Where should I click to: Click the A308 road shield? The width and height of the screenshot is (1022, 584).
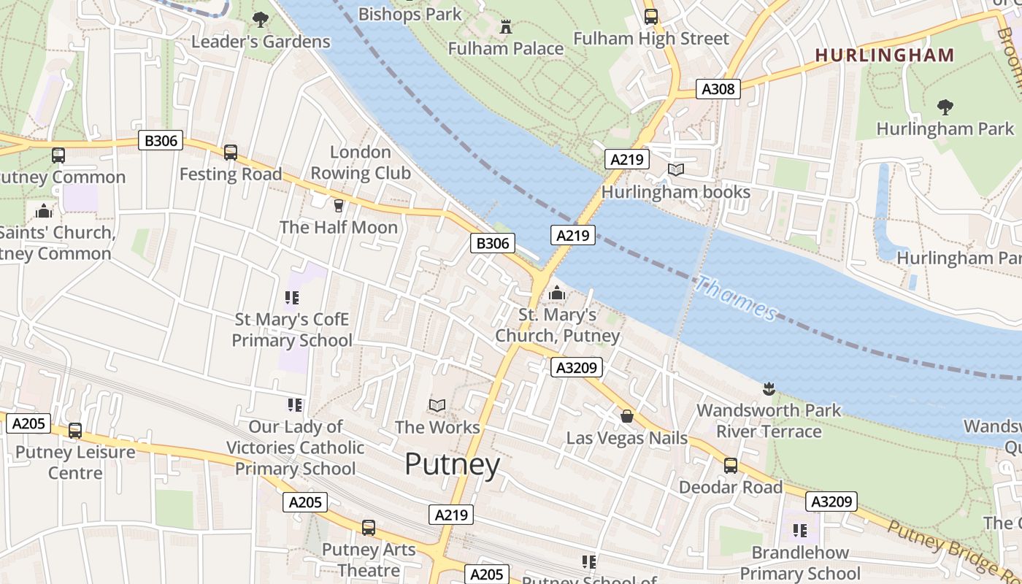tap(718, 89)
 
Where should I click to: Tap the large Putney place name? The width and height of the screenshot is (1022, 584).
tap(452, 464)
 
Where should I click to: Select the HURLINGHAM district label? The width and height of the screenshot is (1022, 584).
tap(884, 55)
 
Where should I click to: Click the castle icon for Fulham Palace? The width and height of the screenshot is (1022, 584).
tap(505, 28)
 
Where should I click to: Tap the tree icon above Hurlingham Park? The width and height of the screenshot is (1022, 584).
tap(945, 107)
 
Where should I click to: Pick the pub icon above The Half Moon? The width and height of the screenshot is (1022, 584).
tap(338, 206)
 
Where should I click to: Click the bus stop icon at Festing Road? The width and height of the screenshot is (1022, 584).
tap(231, 153)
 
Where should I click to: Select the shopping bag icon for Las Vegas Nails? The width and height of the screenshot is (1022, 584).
tap(626, 417)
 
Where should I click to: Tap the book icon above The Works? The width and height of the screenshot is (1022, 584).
tap(437, 405)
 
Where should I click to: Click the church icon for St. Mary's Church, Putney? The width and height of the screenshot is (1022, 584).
tap(557, 293)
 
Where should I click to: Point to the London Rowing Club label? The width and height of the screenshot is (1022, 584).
tap(361, 163)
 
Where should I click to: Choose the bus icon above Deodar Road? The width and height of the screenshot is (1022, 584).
tap(730, 466)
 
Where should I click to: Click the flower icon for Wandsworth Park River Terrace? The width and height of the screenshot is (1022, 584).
tap(768, 388)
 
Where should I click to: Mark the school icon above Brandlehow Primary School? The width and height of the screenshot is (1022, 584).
tap(800, 530)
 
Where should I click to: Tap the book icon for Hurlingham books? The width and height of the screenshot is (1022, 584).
tap(676, 170)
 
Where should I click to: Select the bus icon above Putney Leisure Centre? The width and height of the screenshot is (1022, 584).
tap(75, 431)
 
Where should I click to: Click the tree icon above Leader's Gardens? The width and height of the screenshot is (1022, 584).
tap(260, 20)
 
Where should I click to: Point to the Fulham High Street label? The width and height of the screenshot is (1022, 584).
tap(651, 39)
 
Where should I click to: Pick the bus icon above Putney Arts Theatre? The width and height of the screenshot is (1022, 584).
tap(369, 528)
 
